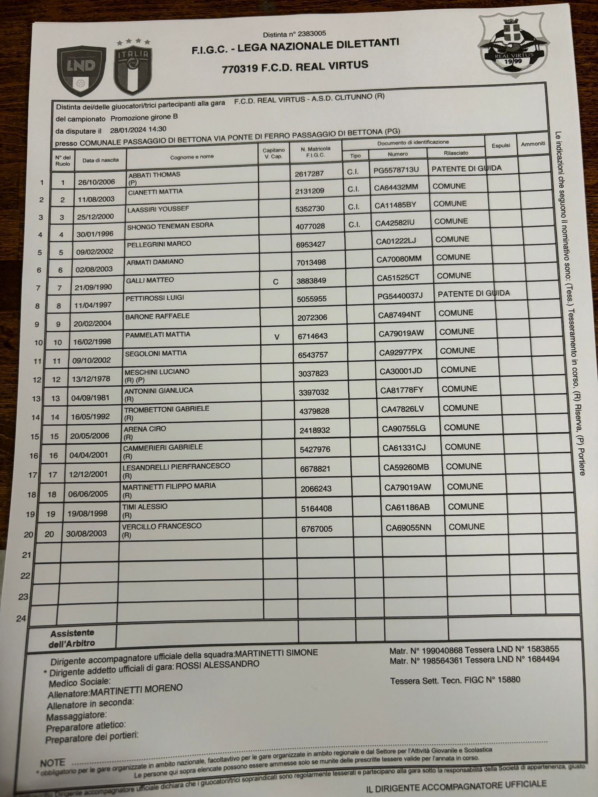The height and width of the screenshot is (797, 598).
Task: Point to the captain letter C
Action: [x=276, y=282]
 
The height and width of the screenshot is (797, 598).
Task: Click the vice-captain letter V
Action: [x=277, y=337]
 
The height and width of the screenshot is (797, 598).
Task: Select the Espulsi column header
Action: [x=501, y=145]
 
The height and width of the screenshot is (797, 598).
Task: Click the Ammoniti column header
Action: [x=533, y=144]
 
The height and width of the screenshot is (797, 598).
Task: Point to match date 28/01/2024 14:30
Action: [x=138, y=129]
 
